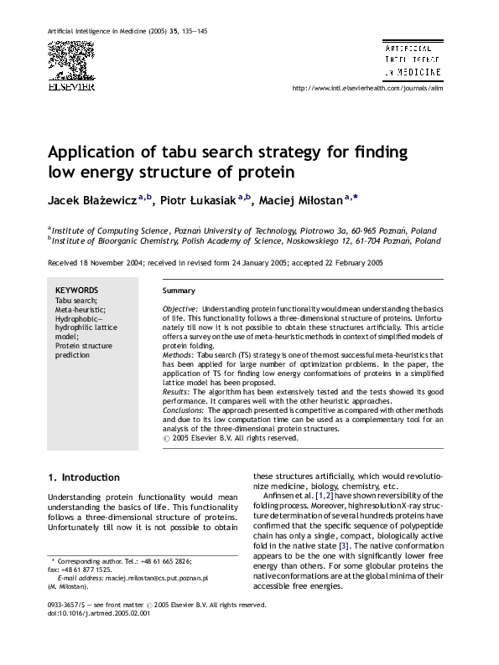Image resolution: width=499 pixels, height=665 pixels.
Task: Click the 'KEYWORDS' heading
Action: click(76, 291)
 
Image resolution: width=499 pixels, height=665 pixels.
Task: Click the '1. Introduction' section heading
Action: click(84, 477)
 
